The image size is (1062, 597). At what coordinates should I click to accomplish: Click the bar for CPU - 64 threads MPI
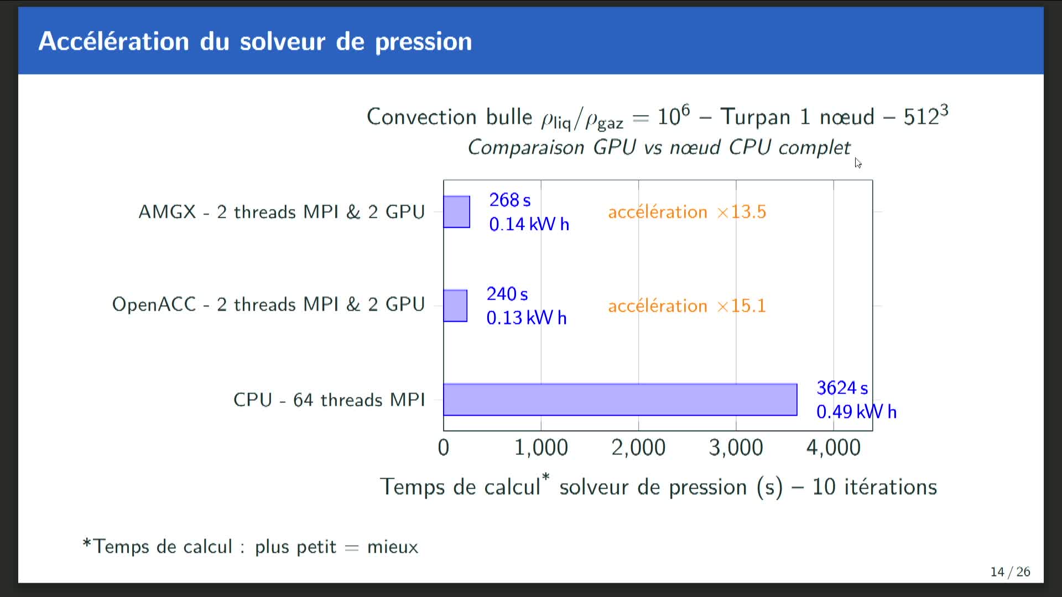click(x=620, y=399)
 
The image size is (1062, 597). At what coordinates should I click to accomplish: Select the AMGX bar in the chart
click(x=457, y=212)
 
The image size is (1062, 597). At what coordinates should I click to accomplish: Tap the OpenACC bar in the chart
click(x=455, y=306)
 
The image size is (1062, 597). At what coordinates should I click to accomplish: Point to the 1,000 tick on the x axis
click(x=541, y=448)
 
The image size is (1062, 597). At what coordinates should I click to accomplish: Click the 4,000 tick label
click(x=833, y=448)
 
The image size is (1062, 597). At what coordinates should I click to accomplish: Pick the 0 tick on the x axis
click(x=444, y=448)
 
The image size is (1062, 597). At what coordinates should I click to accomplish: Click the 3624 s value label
click(x=842, y=387)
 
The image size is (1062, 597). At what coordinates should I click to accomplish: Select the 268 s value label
click(x=510, y=200)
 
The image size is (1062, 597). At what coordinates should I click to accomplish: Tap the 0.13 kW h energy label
click(x=527, y=318)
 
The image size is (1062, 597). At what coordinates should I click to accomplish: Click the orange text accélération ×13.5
click(x=687, y=212)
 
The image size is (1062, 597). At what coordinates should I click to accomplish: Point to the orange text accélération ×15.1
click(x=687, y=306)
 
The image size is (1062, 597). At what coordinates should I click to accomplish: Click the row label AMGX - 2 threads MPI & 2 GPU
click(x=282, y=212)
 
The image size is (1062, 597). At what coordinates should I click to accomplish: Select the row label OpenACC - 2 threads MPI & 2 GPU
click(x=269, y=305)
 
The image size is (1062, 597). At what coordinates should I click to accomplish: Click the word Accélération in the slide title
click(x=114, y=41)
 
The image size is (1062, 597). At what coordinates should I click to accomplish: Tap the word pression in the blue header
click(x=424, y=43)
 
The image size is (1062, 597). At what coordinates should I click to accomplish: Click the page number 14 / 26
click(x=1010, y=572)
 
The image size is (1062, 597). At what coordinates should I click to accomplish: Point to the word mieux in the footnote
click(x=393, y=547)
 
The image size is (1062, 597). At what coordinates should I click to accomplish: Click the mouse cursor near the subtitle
click(x=858, y=163)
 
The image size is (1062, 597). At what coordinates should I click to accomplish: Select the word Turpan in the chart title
click(x=756, y=117)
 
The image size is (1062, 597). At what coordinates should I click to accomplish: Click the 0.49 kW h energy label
click(x=856, y=412)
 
